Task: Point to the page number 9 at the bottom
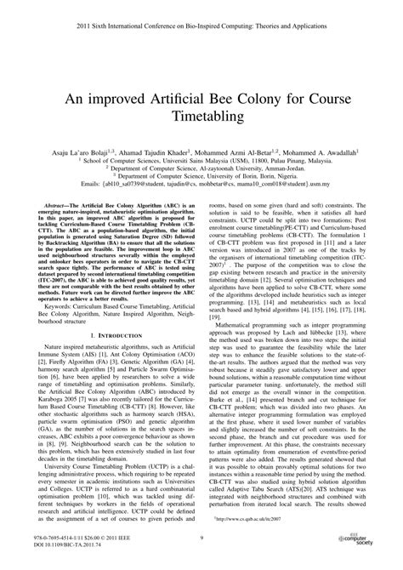click(x=201, y=537)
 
